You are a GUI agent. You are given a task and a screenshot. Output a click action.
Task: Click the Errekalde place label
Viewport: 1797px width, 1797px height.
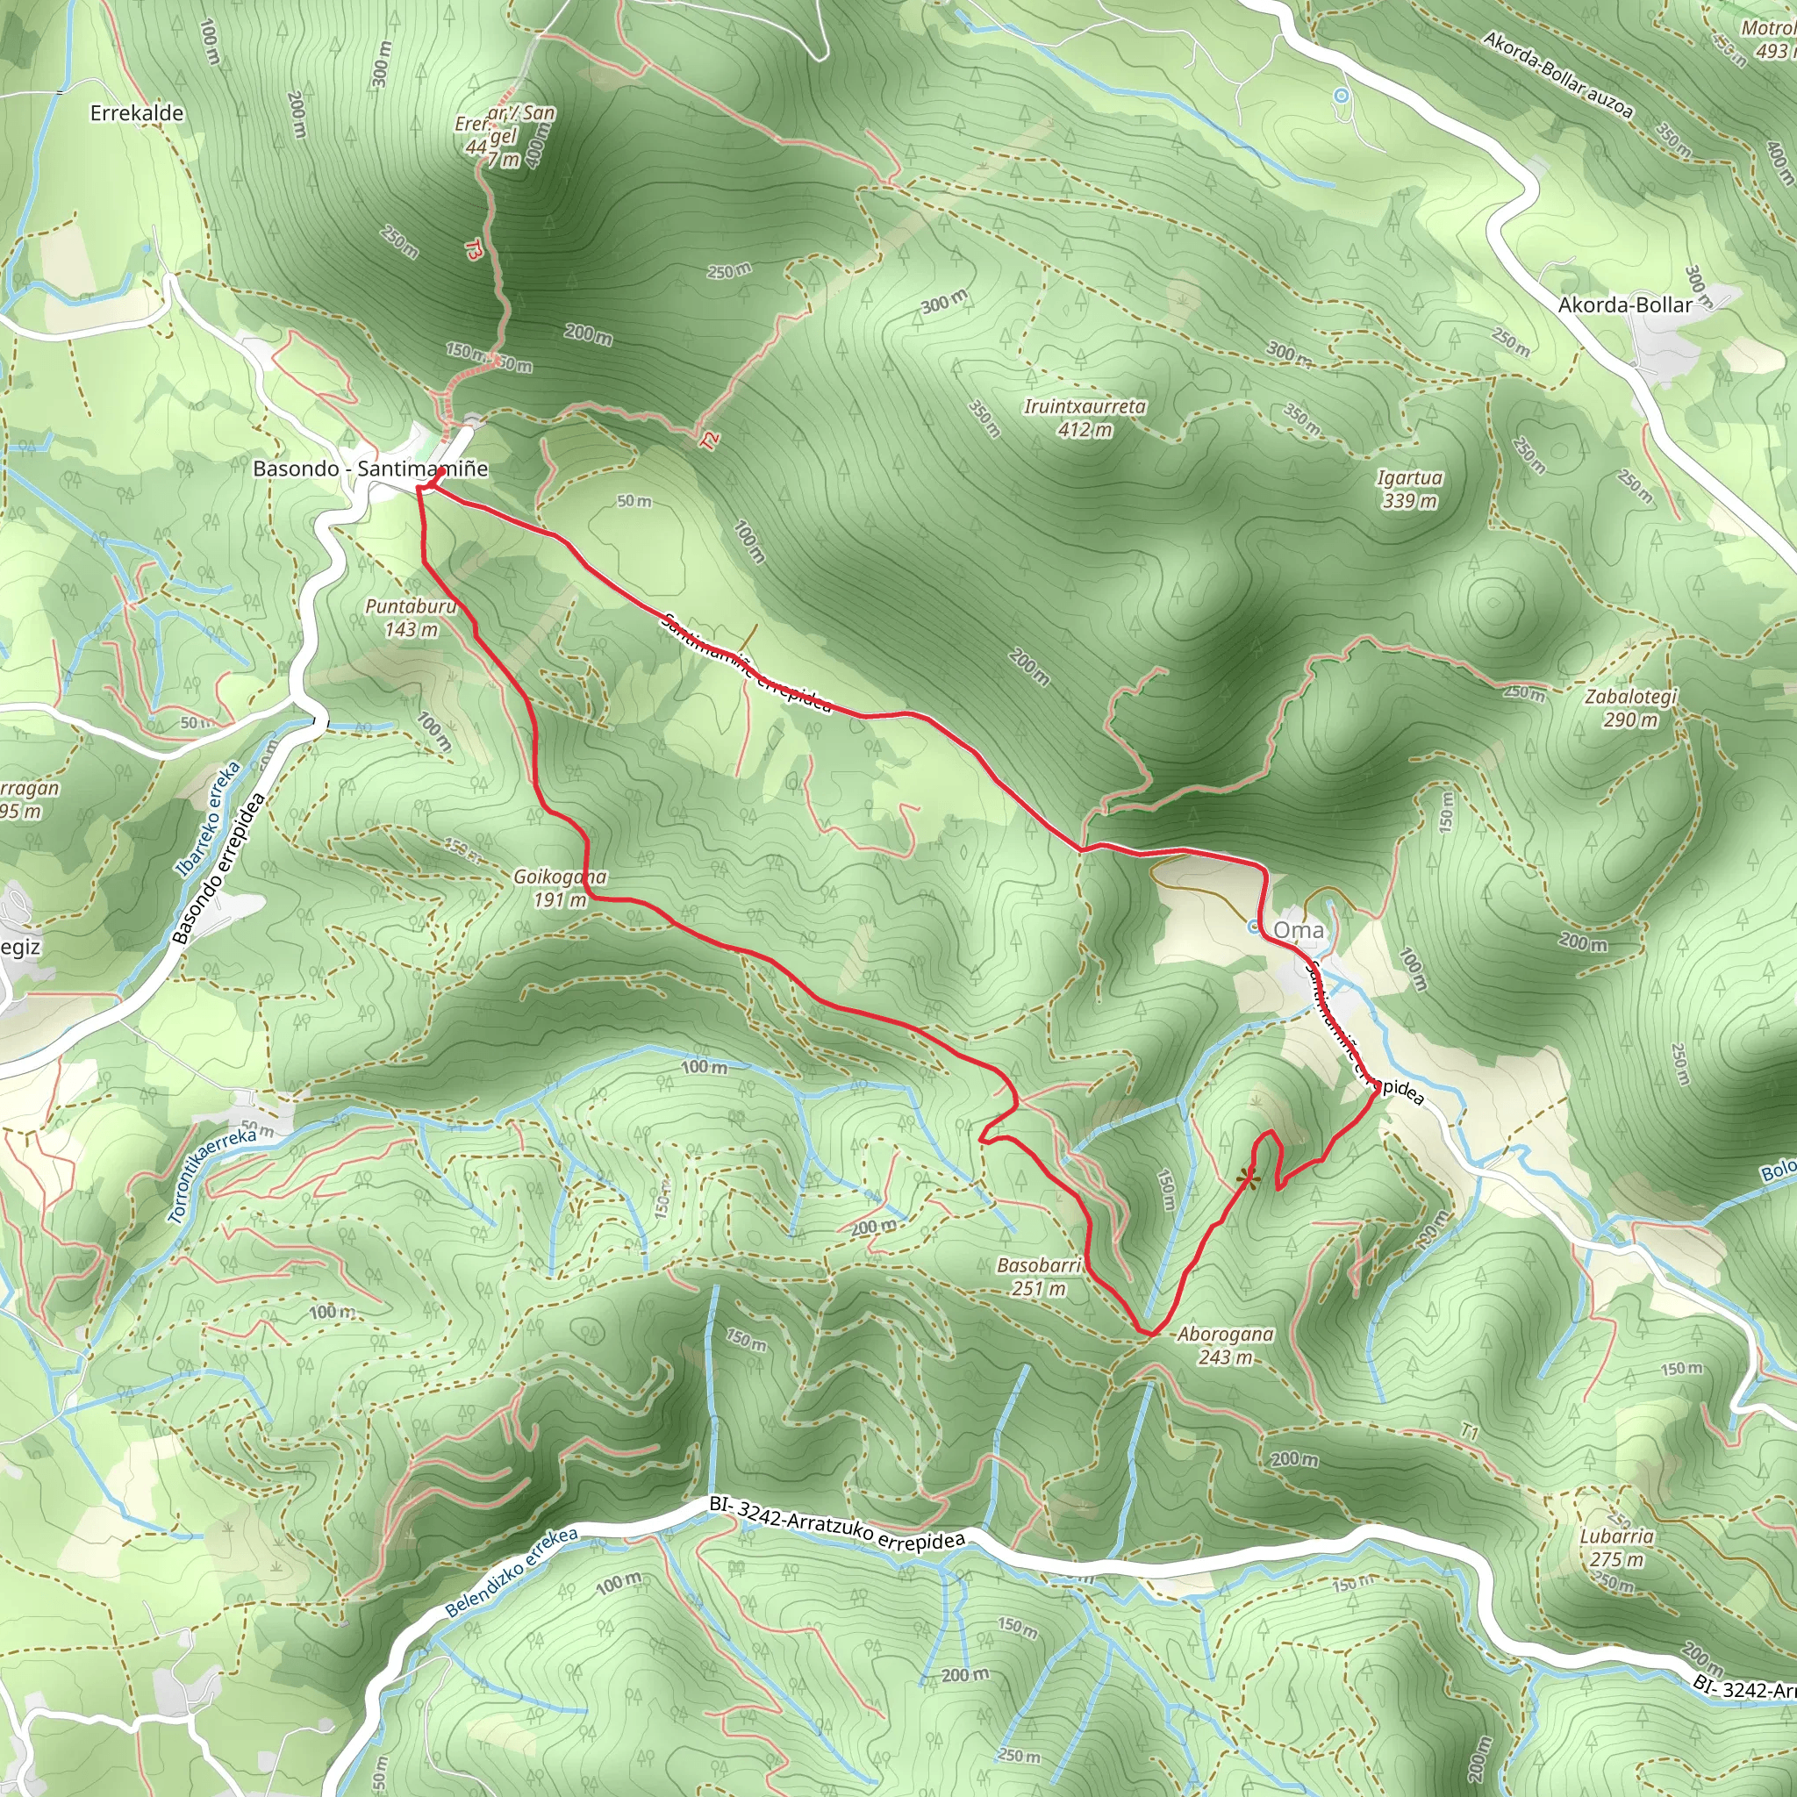pos(137,113)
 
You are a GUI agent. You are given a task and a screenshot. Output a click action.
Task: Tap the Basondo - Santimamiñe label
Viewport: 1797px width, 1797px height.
pos(370,469)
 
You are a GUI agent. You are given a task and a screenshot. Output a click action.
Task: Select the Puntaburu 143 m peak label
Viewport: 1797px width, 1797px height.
pos(412,618)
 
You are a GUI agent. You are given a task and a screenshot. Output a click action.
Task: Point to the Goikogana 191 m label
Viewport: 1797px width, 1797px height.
pos(560,887)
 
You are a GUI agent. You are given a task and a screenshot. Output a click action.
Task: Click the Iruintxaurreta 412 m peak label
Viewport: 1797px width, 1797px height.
pos(1085,418)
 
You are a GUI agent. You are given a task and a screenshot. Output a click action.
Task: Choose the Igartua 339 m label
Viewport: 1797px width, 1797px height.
pos(1409,490)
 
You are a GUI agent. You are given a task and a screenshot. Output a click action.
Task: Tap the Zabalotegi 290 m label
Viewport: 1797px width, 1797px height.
pos(1630,708)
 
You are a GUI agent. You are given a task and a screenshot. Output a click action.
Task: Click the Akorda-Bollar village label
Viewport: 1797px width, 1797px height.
pos(1625,305)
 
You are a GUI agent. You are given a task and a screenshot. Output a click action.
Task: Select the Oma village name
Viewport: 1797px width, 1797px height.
pos(1299,930)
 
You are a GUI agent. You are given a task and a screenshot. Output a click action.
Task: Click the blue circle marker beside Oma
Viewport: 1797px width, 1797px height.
pos(1254,927)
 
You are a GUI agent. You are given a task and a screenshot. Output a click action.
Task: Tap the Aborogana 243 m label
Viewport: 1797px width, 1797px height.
pos(1225,1345)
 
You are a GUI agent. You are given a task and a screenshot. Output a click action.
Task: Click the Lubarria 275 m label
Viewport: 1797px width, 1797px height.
pos(1616,1547)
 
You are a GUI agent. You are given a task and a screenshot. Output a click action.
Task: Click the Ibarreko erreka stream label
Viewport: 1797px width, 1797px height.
pos(207,820)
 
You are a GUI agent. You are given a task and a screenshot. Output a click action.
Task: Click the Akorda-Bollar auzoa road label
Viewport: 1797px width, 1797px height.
pos(1558,75)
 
